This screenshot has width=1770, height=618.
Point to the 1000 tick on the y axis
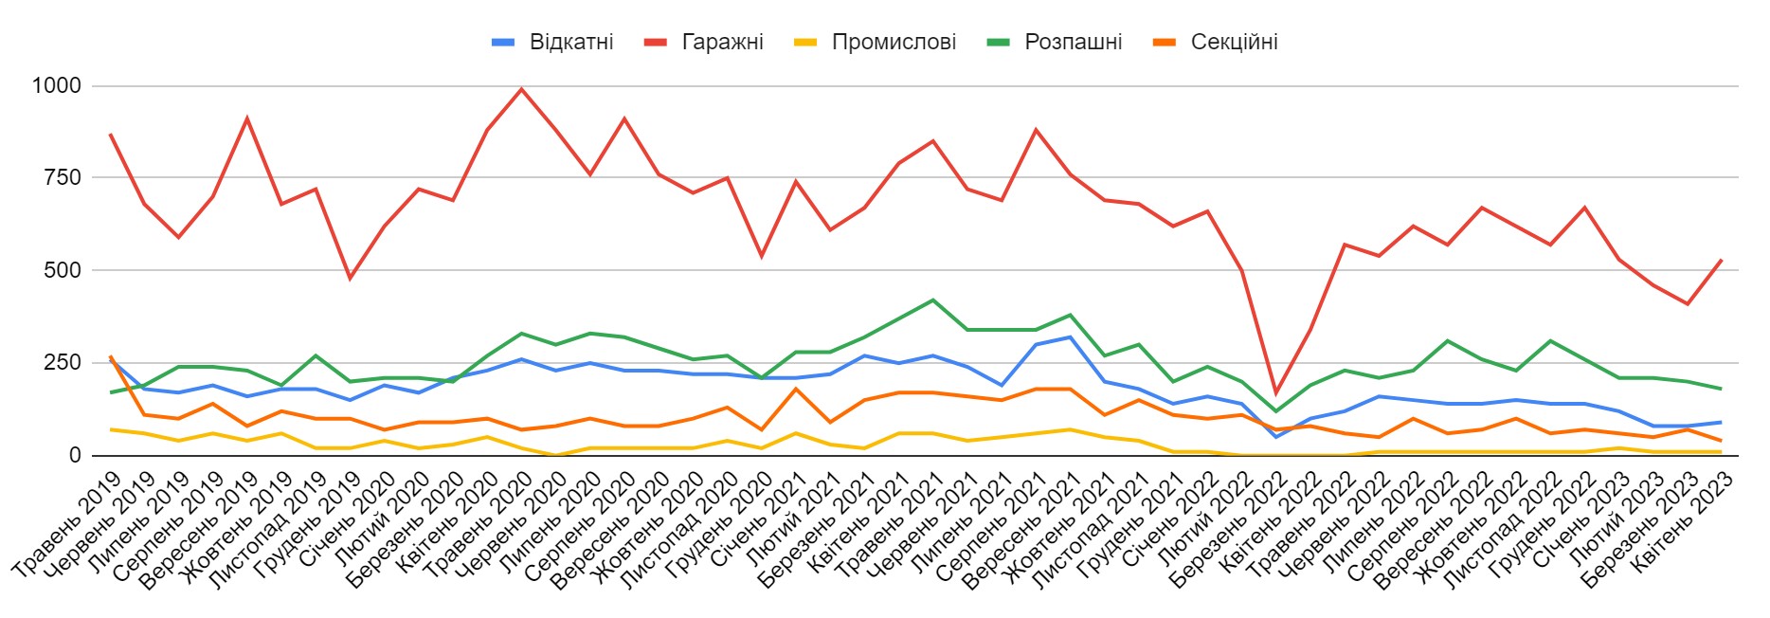point(57,86)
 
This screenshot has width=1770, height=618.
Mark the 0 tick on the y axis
point(75,455)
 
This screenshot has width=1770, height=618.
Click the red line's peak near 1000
point(521,89)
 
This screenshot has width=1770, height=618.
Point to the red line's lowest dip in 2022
point(1275,392)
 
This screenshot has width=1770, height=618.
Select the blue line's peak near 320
point(1070,336)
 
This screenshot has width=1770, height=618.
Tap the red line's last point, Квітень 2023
point(1721,260)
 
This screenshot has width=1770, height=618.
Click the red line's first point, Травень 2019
point(110,135)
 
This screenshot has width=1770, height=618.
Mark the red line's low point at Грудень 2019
point(350,278)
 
